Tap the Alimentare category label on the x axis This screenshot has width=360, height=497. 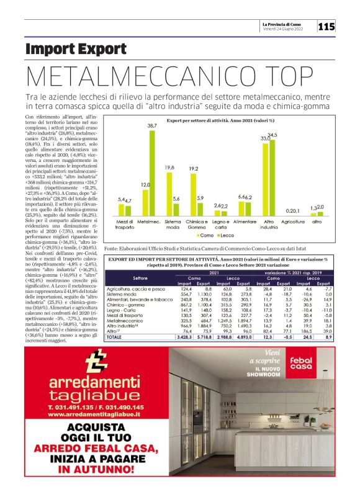245,222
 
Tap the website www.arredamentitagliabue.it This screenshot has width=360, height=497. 87,414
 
